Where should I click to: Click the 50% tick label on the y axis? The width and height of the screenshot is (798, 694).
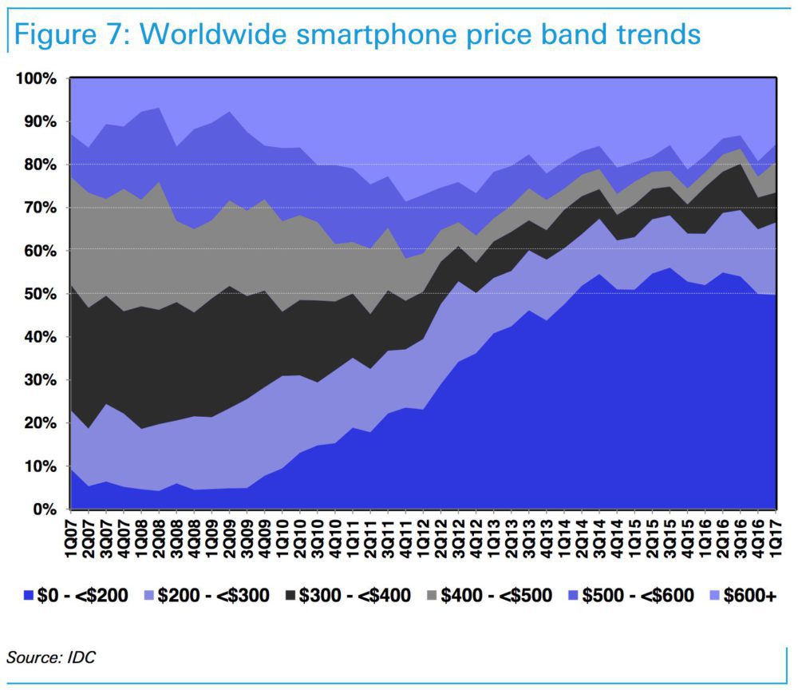point(38,294)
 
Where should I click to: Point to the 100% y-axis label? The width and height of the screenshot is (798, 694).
point(34,78)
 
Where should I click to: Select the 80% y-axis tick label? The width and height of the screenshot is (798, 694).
point(38,165)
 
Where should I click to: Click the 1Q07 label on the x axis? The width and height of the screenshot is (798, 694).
point(72,539)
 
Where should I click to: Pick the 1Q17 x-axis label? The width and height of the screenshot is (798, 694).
point(775,539)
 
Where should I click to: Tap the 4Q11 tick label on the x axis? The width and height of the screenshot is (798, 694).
point(406,539)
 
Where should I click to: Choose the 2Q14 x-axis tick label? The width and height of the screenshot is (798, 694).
point(582,539)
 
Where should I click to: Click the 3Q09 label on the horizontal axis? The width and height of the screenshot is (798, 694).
point(247,539)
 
